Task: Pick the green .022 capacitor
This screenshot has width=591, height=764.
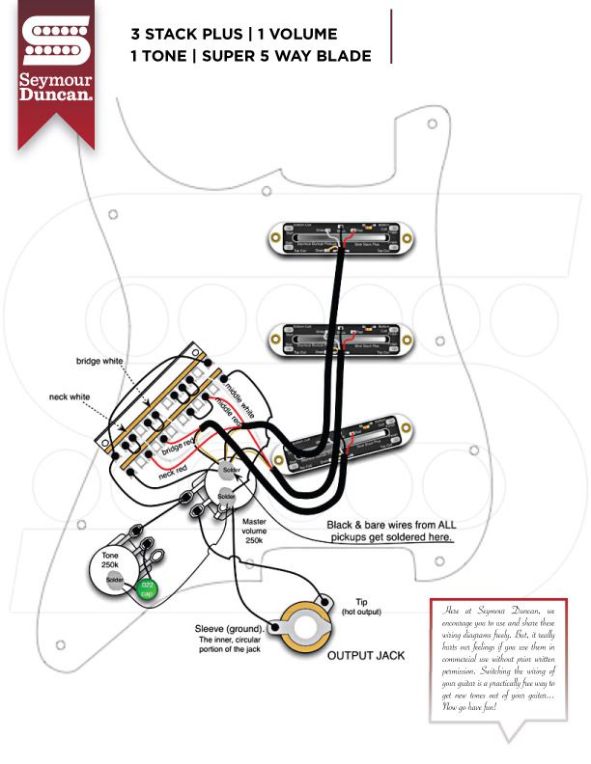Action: (146, 588)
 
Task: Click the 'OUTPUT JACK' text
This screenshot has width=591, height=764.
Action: (365, 656)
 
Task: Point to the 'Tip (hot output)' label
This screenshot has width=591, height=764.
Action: (356, 607)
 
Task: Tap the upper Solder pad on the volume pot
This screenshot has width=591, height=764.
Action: (231, 471)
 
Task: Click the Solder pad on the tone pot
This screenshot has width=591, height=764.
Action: (115, 580)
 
